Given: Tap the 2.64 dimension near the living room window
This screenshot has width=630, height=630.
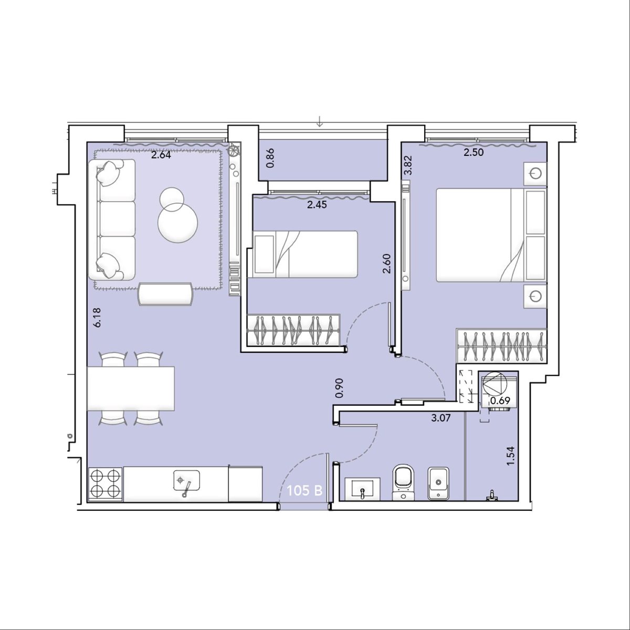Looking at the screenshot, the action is tap(161, 155).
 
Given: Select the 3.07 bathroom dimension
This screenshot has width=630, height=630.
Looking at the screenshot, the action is tap(441, 417).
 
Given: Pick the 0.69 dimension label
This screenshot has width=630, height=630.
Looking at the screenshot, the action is tap(500, 400).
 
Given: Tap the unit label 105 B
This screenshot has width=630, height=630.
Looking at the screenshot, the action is tap(304, 490).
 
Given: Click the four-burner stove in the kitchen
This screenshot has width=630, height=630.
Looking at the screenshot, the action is tap(106, 484).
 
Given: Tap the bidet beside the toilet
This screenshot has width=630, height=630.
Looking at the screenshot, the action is tap(438, 483).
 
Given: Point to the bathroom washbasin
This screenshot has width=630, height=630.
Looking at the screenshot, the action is tap(362, 489).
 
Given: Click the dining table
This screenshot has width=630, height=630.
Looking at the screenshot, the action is tap(130, 388).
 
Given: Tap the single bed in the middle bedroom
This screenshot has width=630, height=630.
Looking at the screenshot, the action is tap(302, 254).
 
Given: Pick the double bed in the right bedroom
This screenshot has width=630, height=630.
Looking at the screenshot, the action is tap(491, 235).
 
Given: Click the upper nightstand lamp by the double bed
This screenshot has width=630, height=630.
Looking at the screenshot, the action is tap(535, 173).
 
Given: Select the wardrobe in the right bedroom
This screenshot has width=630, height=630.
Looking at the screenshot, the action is tap(501, 346).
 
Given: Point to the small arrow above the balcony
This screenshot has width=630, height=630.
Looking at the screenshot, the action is tap(320, 123).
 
